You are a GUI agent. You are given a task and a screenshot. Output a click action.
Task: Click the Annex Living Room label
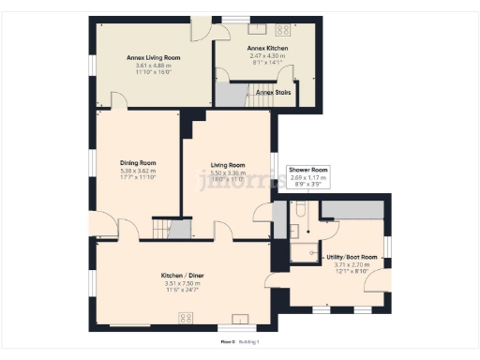(153, 57)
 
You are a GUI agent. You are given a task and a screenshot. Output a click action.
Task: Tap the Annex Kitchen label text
(267, 47)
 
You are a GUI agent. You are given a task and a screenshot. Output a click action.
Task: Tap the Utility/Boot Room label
(352, 256)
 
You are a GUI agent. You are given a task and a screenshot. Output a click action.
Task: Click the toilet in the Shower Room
(292, 228)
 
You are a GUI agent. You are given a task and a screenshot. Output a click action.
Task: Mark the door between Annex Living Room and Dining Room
(117, 101)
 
